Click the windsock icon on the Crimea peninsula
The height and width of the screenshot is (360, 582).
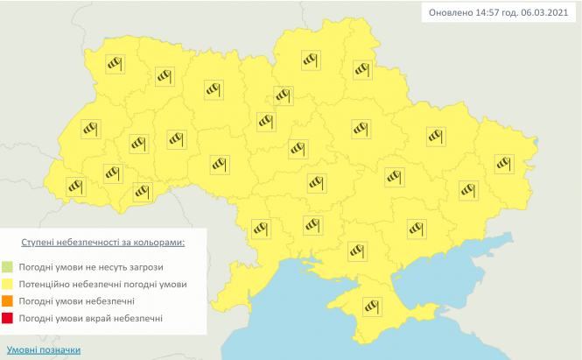(x=375, y=304)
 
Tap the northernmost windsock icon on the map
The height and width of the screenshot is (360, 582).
(x=311, y=59)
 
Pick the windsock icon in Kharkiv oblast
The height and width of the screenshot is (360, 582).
(x=435, y=135)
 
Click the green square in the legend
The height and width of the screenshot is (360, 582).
(x=31, y=266)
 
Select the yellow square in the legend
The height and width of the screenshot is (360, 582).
(x=31, y=284)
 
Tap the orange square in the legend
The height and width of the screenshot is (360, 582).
(x=31, y=301)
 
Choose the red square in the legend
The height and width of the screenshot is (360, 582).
(x=31, y=318)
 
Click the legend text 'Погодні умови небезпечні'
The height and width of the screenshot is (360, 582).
(x=89, y=301)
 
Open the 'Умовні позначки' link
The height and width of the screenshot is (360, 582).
(x=44, y=349)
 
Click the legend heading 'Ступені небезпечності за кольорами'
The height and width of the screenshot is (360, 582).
(x=103, y=240)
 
